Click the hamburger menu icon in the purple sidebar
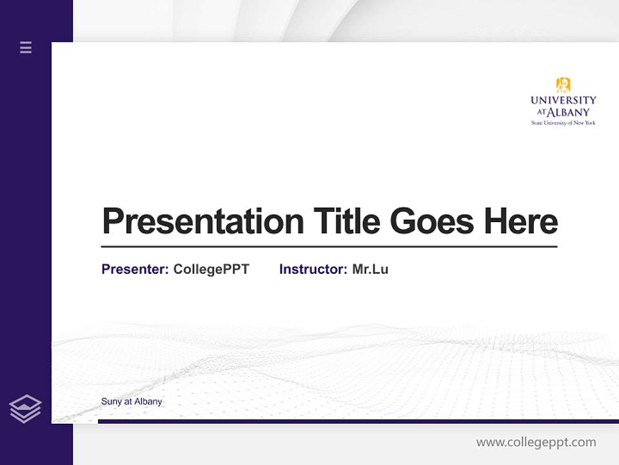pos(26,47)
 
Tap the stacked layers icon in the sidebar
pos(25,409)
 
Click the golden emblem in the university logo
pos(564,85)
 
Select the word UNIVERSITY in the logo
pos(564,101)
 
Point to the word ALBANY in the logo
pos(569,112)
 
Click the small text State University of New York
pos(564,123)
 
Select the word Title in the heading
pos(347,222)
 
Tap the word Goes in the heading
pos(432,222)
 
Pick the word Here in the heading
pos(521,222)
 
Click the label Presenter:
pos(135,269)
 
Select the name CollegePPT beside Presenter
pos(211,269)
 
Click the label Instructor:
pos(313,269)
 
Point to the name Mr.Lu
pos(370,269)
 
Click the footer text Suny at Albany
pos(132,402)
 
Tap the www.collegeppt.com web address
pos(536,442)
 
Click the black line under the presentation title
pos(329,247)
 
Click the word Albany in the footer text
pos(148,402)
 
